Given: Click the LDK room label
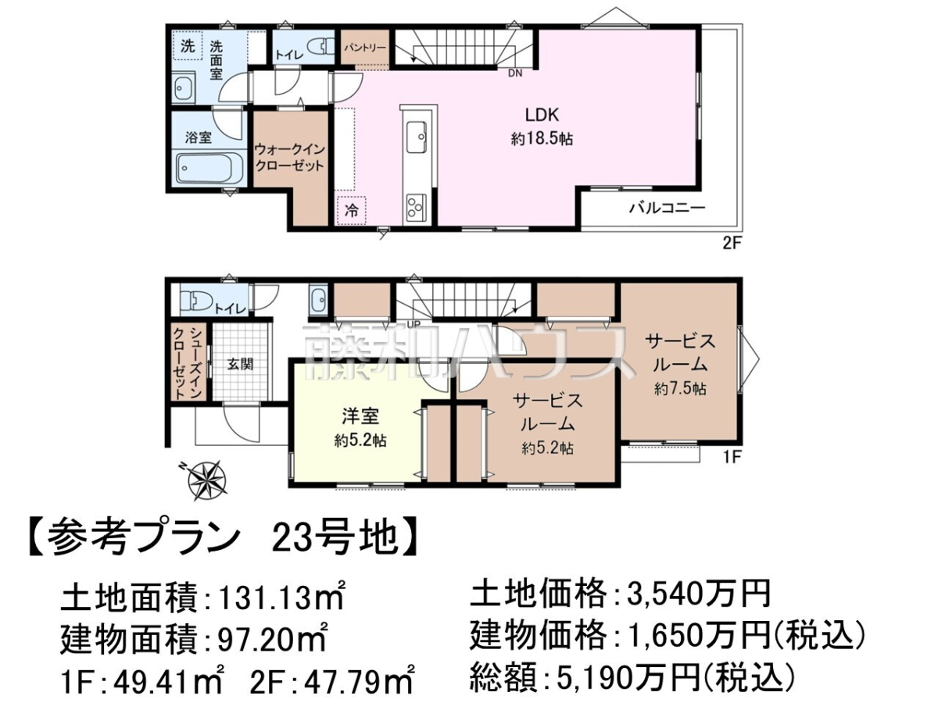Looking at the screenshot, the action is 542,116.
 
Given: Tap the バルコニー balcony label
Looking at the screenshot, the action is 667,209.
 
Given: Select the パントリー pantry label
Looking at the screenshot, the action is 364,48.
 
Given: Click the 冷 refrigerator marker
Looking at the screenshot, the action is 351,210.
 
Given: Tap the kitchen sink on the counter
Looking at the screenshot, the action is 416,137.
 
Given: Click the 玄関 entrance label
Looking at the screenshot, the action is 240,365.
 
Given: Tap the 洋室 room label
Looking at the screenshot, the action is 360,417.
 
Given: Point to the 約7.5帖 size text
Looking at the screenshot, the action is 680,389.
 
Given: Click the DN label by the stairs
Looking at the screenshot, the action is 515,73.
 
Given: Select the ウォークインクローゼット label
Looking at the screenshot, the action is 290,158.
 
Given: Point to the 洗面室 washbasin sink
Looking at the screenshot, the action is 184,87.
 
